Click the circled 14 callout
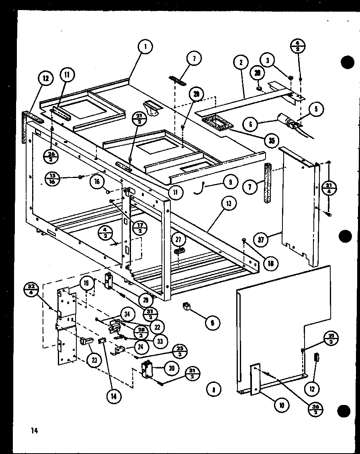114,396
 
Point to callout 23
94,360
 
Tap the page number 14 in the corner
34,431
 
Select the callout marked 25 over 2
178,352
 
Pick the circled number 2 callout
240,63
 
